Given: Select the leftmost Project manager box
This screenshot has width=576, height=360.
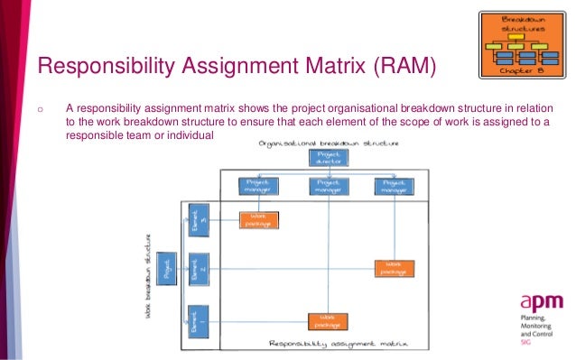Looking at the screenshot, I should tap(259, 186).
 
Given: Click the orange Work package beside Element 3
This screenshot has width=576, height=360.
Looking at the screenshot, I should tap(259, 219).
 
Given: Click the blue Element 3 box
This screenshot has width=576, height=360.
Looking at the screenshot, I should tap(192, 219).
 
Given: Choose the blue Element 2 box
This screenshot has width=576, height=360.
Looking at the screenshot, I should tap(192, 269).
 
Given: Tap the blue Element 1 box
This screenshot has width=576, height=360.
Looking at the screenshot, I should tap(192, 319).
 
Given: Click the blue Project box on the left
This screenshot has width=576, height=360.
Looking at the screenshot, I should tap(164, 269).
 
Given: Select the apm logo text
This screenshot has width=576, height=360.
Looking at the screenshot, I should tap(540, 302).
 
